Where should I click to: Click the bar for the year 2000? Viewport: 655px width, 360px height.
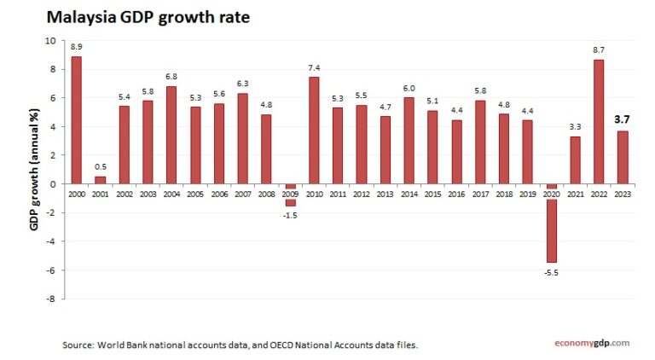[x=77, y=119]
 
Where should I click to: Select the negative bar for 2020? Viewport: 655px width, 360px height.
[x=552, y=224]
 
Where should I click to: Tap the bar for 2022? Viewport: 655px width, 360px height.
[x=599, y=121]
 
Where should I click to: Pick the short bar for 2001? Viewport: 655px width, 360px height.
[x=101, y=180]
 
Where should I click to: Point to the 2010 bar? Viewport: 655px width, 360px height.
[x=314, y=131]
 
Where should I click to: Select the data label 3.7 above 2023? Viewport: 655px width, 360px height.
[x=623, y=119]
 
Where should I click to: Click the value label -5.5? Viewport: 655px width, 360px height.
[x=552, y=273]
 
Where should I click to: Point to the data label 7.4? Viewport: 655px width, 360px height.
[x=314, y=67]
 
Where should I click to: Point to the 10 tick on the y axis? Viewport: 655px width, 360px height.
[x=50, y=40]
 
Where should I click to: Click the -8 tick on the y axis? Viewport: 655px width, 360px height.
[x=51, y=299]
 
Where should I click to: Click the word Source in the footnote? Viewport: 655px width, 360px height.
[x=79, y=345]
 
